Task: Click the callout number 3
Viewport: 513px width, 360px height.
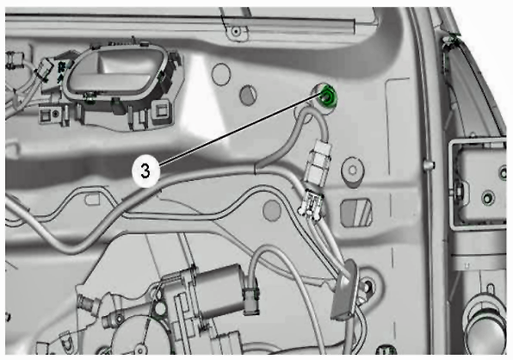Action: (145, 171)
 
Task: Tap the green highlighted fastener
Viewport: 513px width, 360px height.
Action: (328, 96)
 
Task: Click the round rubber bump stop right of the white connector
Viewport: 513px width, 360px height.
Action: (352, 171)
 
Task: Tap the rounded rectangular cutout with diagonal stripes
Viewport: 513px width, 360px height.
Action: (356, 213)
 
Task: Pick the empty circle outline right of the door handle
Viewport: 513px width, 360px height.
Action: (221, 75)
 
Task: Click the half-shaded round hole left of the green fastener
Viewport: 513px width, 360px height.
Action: (248, 96)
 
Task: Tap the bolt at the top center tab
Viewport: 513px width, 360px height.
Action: (236, 32)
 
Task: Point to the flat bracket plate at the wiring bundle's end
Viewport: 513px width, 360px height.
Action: (344, 290)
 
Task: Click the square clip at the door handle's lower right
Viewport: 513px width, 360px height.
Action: (162, 110)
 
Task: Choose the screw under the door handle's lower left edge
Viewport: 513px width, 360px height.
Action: (89, 96)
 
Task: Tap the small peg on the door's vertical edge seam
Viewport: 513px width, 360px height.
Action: (428, 164)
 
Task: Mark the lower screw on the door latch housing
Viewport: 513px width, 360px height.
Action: (488, 198)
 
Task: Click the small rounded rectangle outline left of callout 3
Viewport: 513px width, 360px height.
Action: (93, 199)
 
